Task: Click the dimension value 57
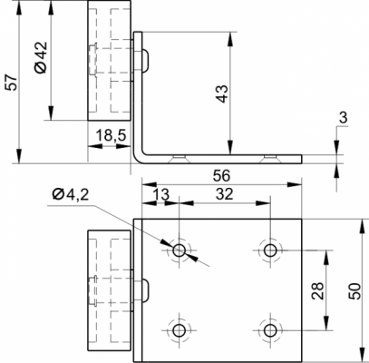12,82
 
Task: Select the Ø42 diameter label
42,57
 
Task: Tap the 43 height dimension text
222,93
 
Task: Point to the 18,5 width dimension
111,136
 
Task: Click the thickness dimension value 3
344,118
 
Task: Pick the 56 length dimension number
221,175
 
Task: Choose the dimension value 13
160,194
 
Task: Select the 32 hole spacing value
225,194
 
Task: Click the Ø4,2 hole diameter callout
71,194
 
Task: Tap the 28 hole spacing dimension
317,291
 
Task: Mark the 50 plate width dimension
354,291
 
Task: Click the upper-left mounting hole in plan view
180,250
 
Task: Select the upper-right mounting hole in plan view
270,250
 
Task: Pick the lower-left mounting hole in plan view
180,330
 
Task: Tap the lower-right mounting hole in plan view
270,330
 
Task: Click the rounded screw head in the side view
145,60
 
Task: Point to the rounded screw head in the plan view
145,290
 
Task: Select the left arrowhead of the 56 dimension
150,184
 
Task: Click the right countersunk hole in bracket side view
270,159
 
